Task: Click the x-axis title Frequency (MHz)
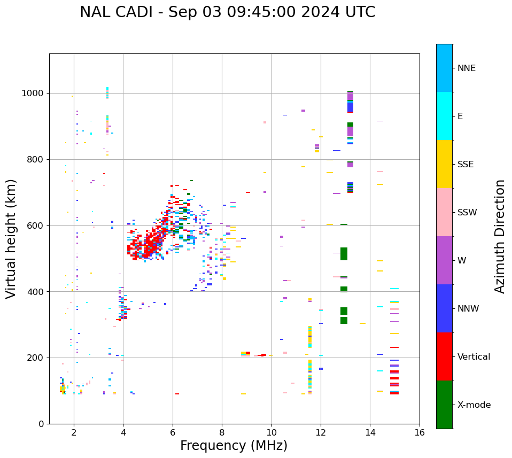pos(234,446)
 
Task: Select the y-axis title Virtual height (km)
pos(11,238)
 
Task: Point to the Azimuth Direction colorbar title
pos(500,236)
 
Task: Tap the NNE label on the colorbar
pos(466,68)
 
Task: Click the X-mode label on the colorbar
pos(474,405)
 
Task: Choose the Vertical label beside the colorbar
pos(474,357)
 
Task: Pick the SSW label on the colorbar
pos(467,213)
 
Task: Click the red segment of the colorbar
pos(444,356)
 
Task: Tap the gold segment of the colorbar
pos(444,164)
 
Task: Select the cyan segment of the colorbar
pos(444,116)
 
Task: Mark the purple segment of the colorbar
pos(444,260)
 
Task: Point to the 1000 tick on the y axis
pos(34,94)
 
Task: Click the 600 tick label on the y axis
pos(36,226)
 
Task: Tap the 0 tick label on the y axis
pos(41,424)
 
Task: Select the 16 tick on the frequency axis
pos(420,432)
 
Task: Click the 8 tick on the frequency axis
pos(222,432)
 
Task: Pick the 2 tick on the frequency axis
pos(74,432)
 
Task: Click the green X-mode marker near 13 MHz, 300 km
pos(344,320)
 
